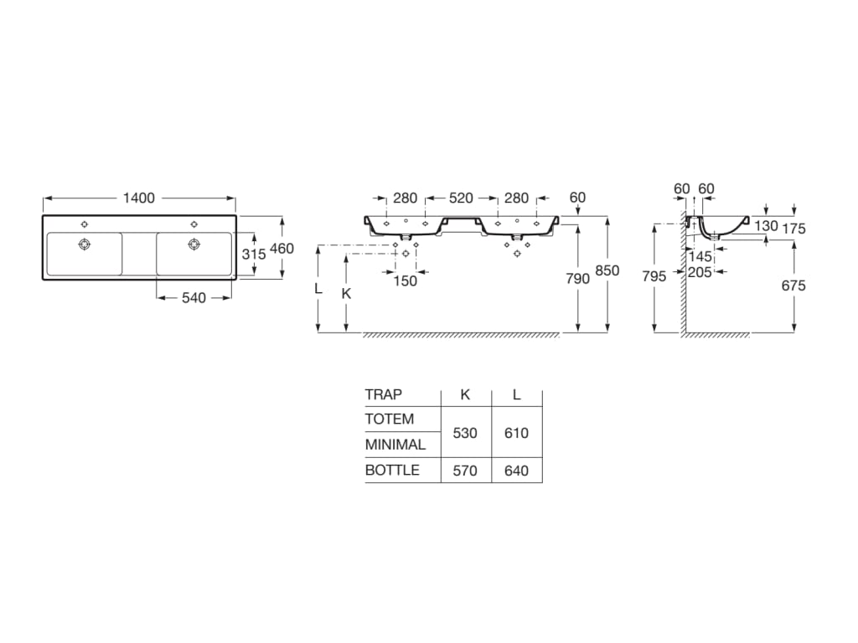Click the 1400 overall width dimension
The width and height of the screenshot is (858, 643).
coord(139,198)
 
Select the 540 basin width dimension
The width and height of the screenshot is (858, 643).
coord(194,297)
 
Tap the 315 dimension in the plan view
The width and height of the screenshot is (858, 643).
coord(254,254)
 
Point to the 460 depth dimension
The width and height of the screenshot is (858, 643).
coord(282,249)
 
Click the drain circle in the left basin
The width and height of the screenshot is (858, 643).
coord(84,244)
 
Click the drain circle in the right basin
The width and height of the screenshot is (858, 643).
coord(194,244)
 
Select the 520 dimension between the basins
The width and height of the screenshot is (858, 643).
coord(461,198)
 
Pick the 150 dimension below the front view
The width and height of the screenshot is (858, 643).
coord(405,281)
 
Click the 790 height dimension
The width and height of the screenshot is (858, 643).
coord(578,280)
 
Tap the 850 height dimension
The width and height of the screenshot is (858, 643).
coord(607,270)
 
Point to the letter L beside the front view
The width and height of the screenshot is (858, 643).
coord(318,288)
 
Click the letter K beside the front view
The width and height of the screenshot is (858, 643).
coord(346,293)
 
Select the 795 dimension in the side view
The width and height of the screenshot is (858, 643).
coord(654,276)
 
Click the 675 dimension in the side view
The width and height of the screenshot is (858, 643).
coord(793,285)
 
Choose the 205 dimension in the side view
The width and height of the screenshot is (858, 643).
coord(700,272)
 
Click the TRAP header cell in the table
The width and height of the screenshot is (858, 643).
coord(384,394)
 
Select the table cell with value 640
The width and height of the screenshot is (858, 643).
coord(517,471)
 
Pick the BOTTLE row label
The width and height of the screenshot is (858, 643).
coord(392,470)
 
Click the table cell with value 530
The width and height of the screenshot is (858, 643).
coord(465,433)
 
